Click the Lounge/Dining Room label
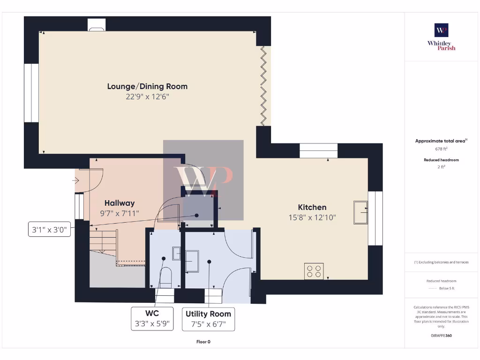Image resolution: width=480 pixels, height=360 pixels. (147, 86)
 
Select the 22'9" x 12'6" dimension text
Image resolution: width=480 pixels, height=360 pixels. (147, 97)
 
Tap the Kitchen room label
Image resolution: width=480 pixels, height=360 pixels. (312, 207)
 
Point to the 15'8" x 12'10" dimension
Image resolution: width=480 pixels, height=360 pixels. (312, 217)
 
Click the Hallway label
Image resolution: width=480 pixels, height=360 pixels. (120, 203)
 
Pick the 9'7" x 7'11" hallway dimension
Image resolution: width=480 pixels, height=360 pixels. (120, 213)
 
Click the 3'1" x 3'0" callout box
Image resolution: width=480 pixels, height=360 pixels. (49, 230)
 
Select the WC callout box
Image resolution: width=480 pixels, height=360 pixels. (152, 318)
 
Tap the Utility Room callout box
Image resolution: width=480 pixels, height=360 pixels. (208, 319)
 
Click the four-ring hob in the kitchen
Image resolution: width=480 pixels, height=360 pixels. (314, 270)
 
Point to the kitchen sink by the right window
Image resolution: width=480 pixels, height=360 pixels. (360, 212)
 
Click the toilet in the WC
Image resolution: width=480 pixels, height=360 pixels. (165, 277)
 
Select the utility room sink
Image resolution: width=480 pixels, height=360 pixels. (192, 261)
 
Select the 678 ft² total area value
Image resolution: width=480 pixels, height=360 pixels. (441, 149)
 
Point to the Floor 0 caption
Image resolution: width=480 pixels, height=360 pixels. (203, 342)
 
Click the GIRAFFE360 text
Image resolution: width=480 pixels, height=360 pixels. (441, 336)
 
